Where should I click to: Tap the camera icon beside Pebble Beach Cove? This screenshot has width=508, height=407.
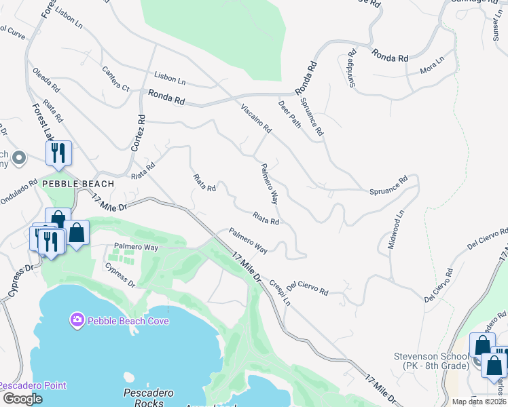click(x=77, y=319)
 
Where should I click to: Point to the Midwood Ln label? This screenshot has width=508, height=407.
click(x=396, y=229)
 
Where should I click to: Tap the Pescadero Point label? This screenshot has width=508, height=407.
click(x=33, y=385)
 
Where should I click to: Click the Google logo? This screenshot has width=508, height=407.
click(x=22, y=399)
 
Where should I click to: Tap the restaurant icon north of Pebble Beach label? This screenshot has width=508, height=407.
click(x=59, y=153)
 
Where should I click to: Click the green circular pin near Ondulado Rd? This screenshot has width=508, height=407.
click(x=19, y=159)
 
